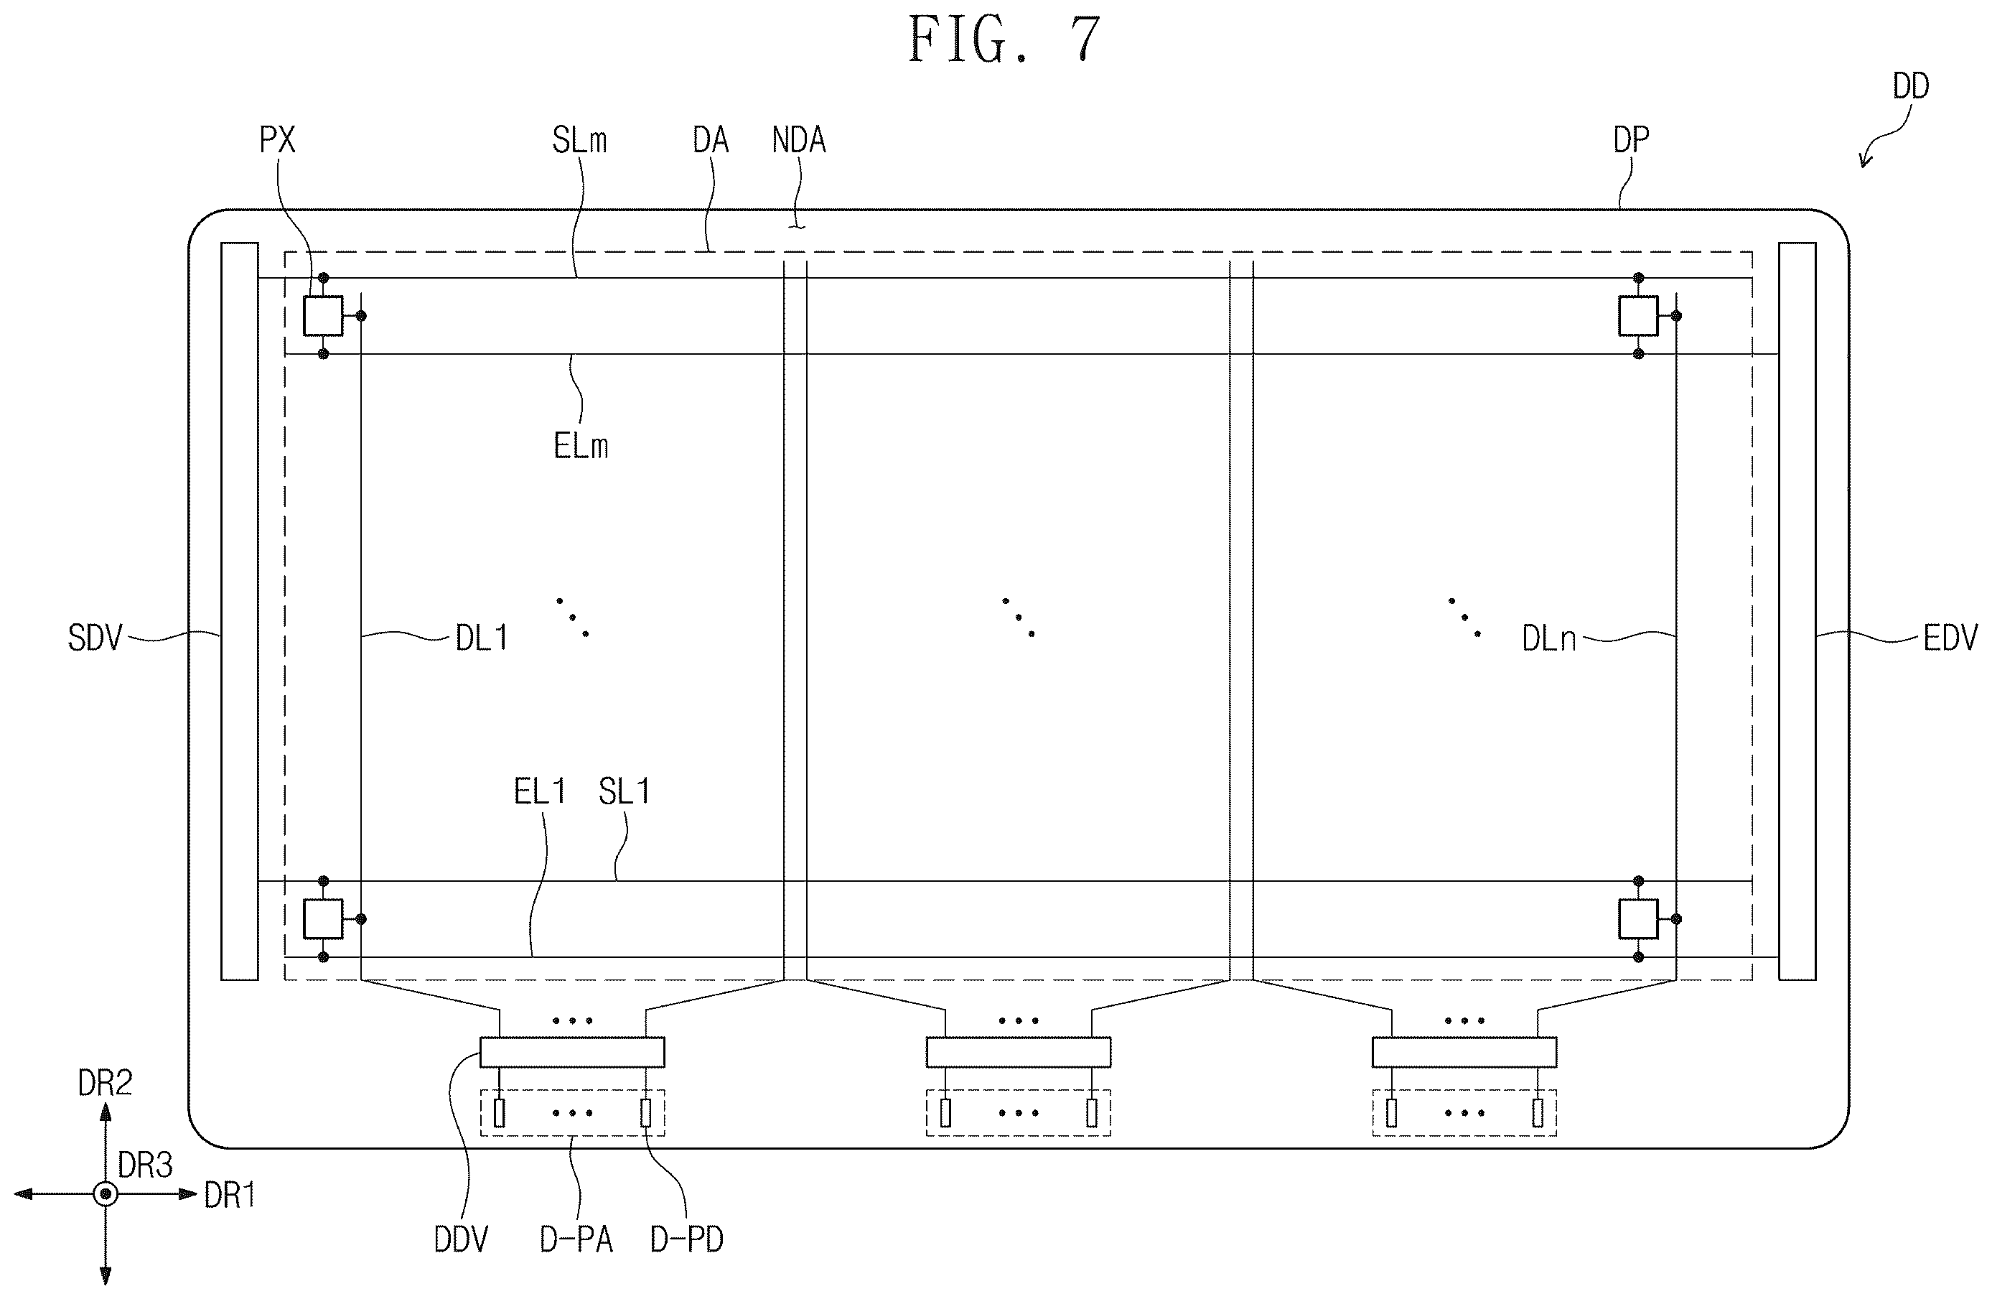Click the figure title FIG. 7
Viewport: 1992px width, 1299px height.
1004,40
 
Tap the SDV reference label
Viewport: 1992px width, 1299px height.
95,638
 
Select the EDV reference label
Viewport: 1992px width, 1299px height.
1950,638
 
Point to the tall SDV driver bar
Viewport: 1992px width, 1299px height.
239,611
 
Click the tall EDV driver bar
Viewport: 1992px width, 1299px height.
1797,611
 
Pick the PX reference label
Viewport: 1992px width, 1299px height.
277,140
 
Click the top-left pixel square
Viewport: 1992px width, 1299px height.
323,315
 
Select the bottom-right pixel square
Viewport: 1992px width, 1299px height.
1638,919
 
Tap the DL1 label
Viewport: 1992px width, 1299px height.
481,638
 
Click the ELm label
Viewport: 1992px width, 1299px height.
581,446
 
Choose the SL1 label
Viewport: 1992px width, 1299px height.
625,791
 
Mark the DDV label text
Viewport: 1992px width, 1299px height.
461,1239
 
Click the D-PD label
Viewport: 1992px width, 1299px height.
686,1239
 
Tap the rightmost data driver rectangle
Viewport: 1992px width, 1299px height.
1464,1052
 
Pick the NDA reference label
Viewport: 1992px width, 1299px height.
798,140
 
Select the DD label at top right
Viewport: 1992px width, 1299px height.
1911,85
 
